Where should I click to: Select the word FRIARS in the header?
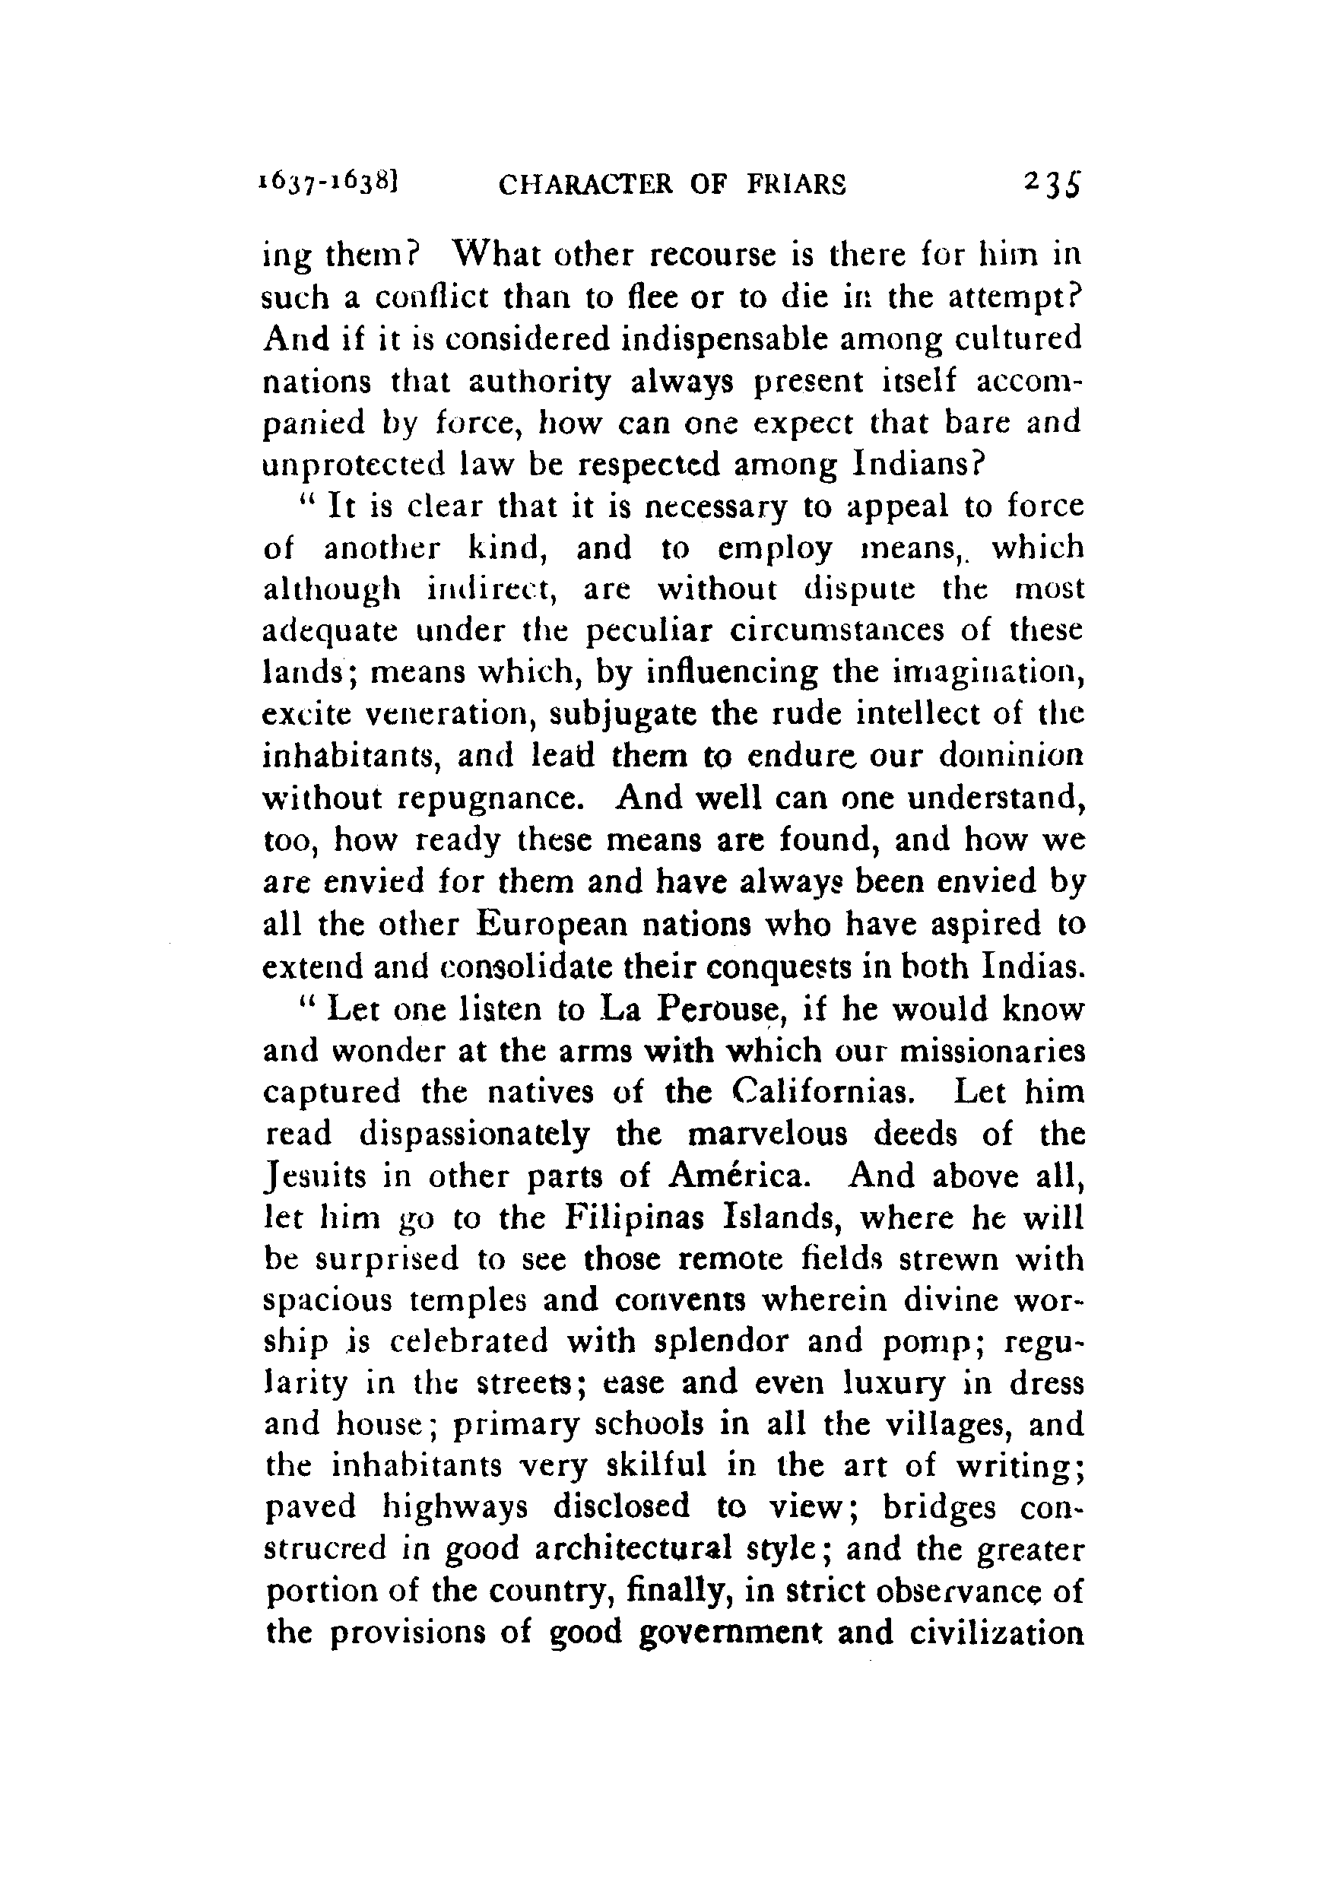[797, 184]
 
